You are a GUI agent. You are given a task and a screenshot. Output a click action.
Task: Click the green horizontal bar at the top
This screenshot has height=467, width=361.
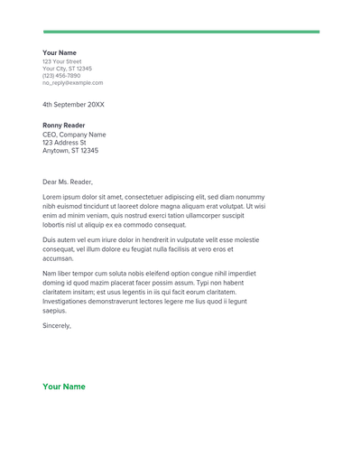(180, 32)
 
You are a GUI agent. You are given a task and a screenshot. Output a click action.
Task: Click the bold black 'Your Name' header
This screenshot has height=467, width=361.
(60, 53)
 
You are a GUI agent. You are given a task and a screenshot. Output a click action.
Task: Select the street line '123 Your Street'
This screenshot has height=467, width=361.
(61, 61)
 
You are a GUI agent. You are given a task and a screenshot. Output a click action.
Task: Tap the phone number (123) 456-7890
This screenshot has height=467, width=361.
(61, 76)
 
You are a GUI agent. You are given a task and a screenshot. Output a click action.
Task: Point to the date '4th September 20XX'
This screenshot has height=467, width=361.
(73, 105)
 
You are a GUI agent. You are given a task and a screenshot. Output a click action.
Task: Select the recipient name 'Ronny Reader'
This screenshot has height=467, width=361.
(64, 126)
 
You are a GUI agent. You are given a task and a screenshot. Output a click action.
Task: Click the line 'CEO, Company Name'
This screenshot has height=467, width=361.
(74, 135)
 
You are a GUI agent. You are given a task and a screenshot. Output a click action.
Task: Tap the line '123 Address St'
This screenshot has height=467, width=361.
(64, 143)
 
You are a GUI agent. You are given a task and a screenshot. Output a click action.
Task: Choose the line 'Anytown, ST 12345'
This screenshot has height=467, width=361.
(70, 151)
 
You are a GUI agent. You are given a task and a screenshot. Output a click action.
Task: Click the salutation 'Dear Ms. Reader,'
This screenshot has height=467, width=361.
(68, 182)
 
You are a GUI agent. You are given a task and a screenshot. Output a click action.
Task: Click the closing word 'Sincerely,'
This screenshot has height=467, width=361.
(57, 325)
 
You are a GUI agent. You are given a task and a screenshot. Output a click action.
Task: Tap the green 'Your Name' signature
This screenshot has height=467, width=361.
(64, 387)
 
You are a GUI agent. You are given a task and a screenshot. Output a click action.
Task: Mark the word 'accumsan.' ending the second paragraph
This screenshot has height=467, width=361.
(58, 258)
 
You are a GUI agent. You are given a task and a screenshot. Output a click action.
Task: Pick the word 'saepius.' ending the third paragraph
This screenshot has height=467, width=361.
(55, 311)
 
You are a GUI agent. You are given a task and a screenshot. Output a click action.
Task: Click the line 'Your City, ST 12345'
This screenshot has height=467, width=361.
(67, 69)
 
